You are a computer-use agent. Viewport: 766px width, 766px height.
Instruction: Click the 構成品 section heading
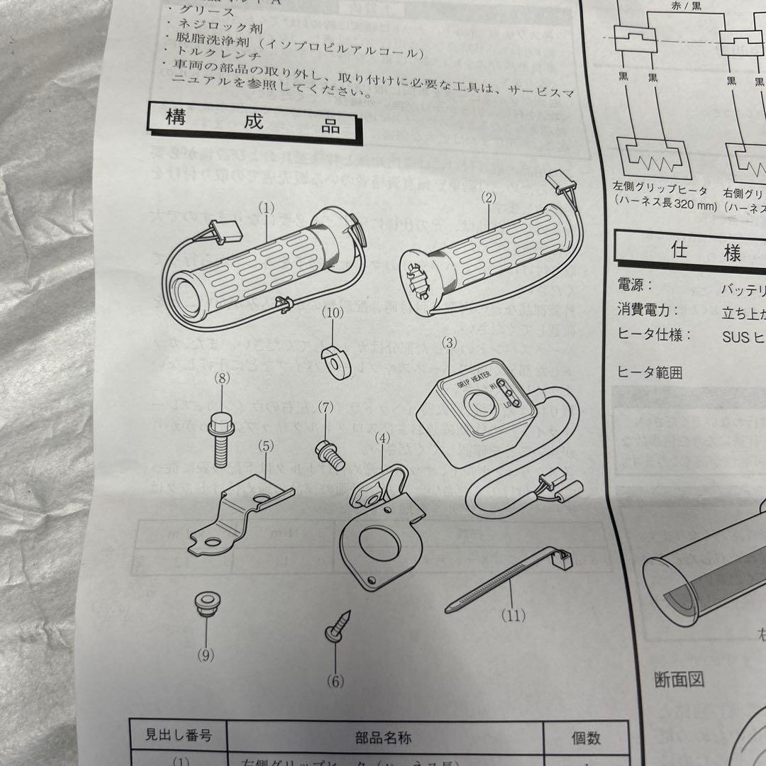253,121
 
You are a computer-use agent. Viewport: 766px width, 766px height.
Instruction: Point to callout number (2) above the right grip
487,199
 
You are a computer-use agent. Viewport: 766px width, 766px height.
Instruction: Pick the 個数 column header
586,738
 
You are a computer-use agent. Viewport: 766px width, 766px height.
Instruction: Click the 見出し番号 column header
177,738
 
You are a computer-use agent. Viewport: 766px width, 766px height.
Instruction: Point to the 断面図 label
679,679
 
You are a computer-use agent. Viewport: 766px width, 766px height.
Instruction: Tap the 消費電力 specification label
648,310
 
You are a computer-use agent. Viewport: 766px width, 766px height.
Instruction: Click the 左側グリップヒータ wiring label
661,191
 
